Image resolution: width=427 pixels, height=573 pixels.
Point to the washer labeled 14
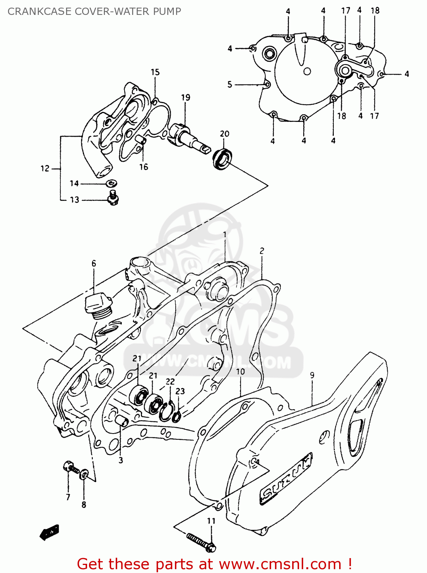[112, 183]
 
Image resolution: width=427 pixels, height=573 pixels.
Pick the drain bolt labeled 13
[113, 198]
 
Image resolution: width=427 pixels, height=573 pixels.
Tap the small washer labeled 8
[84, 475]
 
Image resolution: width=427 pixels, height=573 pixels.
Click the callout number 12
[45, 168]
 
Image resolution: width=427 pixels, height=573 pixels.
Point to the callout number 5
[230, 84]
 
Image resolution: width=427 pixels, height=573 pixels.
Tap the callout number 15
[155, 72]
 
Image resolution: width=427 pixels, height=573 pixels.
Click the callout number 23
[180, 391]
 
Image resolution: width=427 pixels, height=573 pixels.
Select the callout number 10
[240, 372]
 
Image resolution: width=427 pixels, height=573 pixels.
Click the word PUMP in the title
[167, 11]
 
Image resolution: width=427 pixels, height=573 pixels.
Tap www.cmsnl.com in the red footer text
[280, 564]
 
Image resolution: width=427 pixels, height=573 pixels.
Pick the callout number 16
[143, 167]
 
